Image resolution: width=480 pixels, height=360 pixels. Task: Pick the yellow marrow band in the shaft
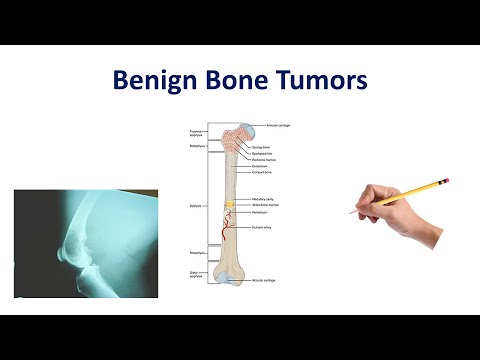tap(230, 204)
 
